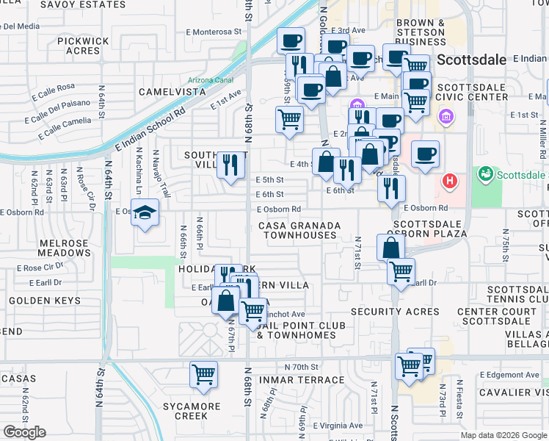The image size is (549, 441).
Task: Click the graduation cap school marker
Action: click(146, 214)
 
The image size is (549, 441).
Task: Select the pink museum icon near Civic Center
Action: click(446, 116)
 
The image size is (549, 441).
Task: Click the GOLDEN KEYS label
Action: click(45, 301)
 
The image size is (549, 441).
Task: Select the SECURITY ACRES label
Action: click(395, 312)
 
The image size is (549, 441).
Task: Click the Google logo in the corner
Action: click(24, 432)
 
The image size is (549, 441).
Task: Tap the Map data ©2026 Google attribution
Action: click(503, 435)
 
